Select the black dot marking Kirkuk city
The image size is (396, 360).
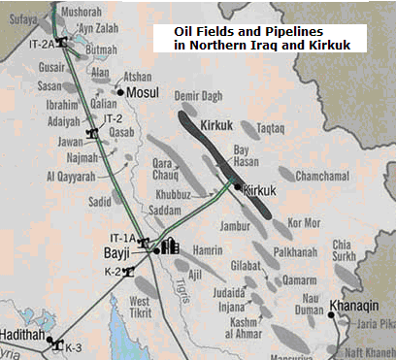(x=236, y=185)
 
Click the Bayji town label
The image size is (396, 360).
(x=116, y=253)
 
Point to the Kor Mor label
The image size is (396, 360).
(x=302, y=222)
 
